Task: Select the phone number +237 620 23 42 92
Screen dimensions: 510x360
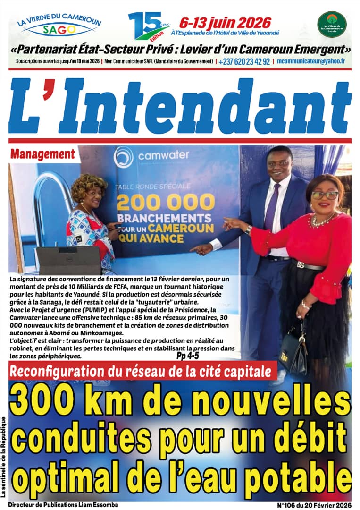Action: [244, 62]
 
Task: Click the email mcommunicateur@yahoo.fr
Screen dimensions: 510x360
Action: [311, 62]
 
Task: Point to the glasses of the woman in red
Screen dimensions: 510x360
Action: [325, 195]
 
